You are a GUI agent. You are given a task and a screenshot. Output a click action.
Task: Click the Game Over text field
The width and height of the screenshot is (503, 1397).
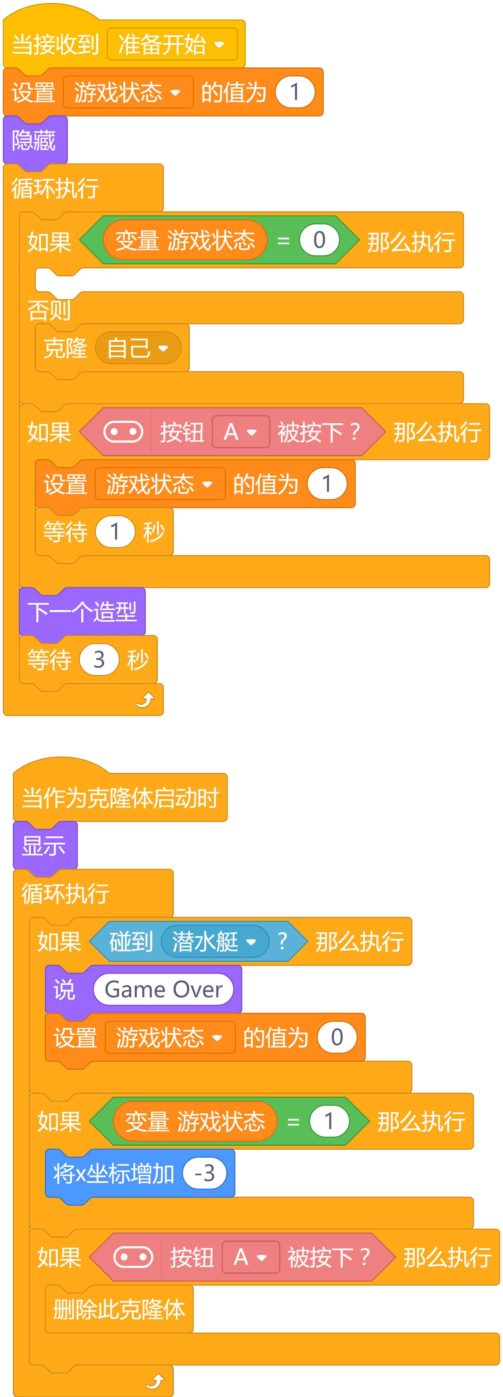163,989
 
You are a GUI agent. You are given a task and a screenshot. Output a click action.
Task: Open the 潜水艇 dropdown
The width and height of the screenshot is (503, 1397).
215,942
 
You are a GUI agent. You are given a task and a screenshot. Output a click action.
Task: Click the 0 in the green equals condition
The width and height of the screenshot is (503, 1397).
319,240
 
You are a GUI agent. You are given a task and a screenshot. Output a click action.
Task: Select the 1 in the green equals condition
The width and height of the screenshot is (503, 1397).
329,1121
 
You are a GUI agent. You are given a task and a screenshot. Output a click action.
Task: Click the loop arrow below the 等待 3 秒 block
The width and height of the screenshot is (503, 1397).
145,700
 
